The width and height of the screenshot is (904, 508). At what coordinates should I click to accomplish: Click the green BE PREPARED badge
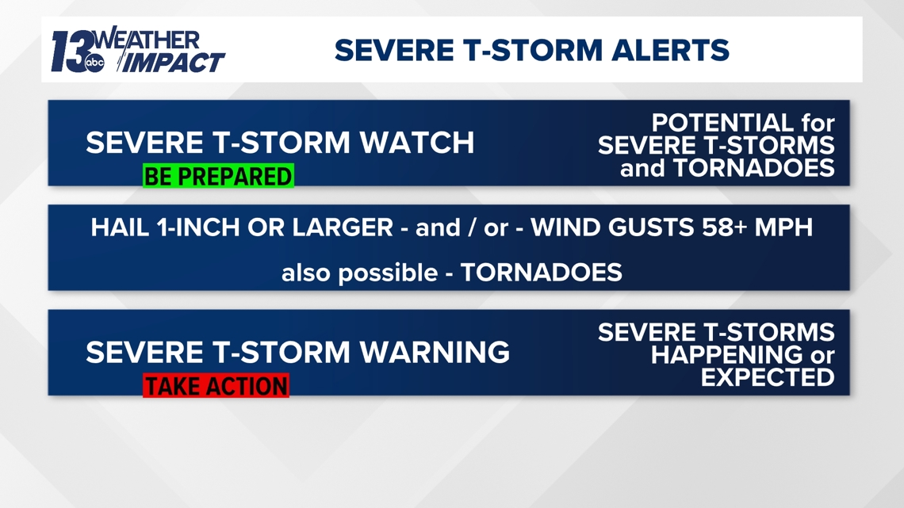click(218, 176)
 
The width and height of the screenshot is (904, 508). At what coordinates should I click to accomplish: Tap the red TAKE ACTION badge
click(216, 386)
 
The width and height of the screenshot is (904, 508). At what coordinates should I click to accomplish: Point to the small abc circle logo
click(95, 64)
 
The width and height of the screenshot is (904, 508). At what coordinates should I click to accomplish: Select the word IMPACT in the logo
click(174, 63)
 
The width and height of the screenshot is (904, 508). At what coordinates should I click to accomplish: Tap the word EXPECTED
click(768, 377)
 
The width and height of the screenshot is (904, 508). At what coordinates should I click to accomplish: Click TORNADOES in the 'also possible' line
click(541, 273)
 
